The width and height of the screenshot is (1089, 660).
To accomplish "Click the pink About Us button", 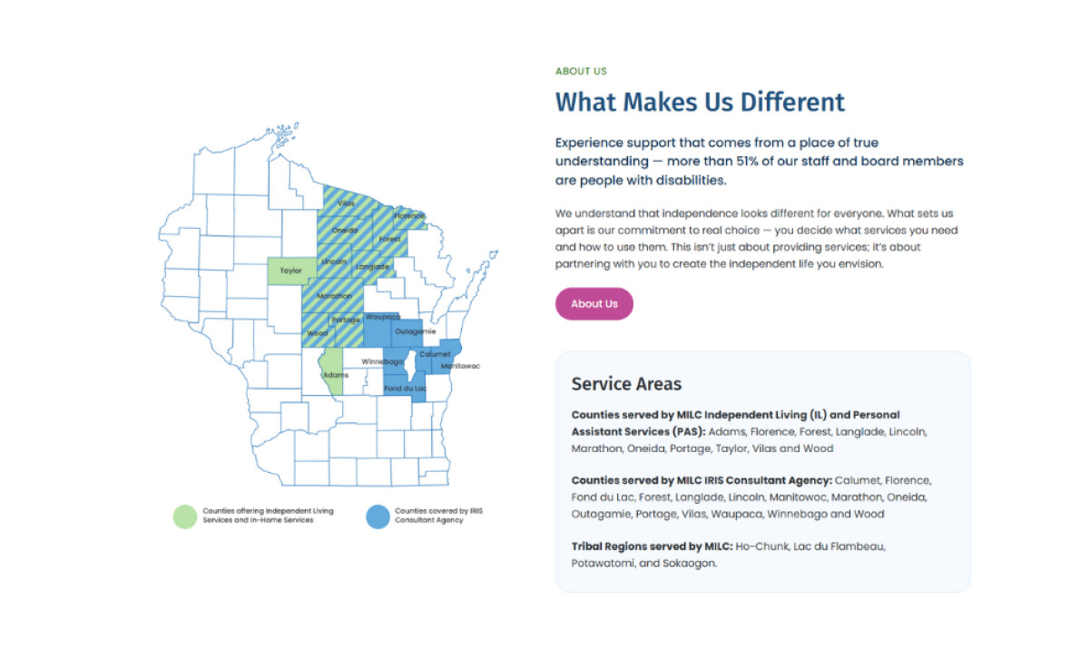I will (594, 304).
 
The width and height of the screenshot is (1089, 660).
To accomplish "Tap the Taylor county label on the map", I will (291, 271).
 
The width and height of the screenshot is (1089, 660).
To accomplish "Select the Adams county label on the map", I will (335, 375).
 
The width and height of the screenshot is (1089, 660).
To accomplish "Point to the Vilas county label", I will (346, 203).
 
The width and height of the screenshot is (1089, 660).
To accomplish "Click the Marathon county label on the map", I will (335, 296).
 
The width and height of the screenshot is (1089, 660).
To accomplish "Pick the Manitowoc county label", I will (460, 366).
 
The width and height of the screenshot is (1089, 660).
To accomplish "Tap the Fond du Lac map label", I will (405, 389).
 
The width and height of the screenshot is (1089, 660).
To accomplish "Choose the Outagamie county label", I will (416, 331).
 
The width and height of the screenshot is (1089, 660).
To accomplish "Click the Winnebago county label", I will (382, 361).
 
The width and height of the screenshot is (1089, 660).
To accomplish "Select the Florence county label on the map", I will (408, 216).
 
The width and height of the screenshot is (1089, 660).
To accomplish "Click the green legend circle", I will (185, 516).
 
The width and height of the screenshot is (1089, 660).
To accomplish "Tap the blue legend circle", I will (378, 516).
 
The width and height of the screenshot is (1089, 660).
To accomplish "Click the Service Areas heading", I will (626, 384).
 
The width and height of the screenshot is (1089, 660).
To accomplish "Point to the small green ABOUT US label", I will (581, 71).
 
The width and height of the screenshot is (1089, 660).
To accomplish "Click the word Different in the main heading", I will (792, 102).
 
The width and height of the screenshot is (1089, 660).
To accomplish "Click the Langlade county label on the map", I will (372, 267).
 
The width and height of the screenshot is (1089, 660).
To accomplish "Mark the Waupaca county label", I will (382, 317).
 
